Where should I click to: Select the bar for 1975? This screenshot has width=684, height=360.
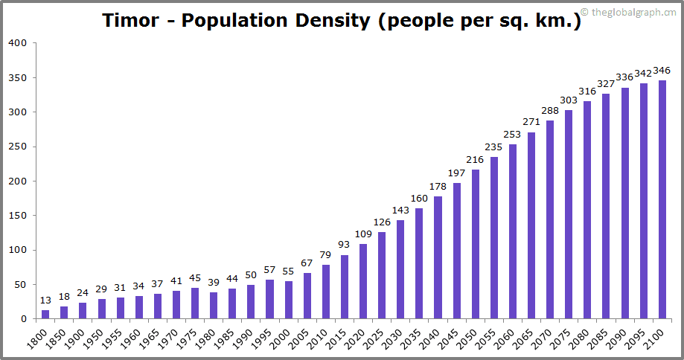click(195, 303)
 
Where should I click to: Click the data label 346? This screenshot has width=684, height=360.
click(662, 71)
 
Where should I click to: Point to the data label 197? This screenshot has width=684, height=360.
click(456, 173)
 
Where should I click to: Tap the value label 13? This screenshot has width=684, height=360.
click(45, 300)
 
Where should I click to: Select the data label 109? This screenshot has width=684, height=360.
click(363, 234)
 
